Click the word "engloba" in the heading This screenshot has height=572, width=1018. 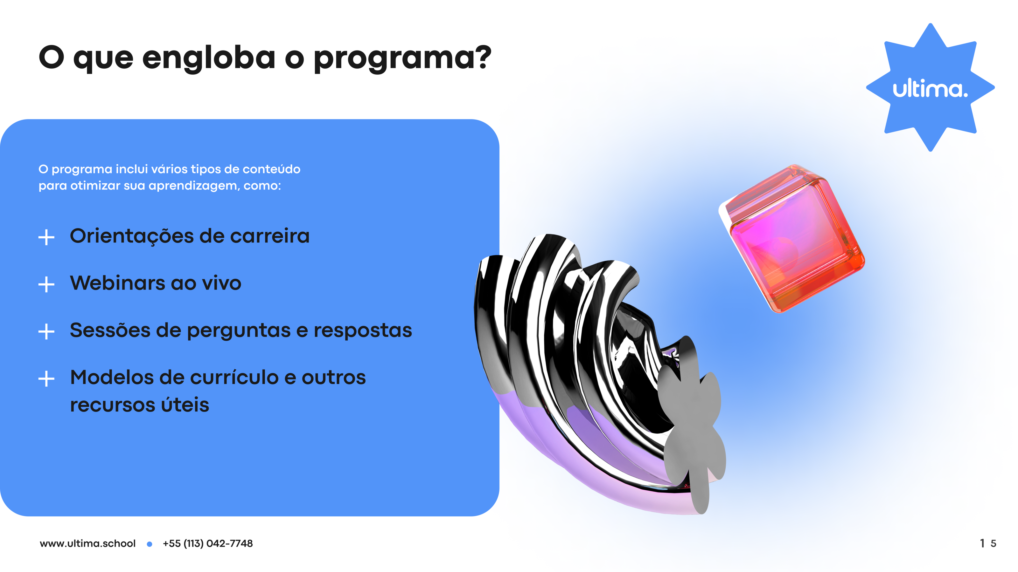click(209, 58)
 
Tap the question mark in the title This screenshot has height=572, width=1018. click(483, 57)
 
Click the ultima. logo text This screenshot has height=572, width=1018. click(930, 88)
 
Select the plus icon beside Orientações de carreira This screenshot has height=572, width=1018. click(46, 237)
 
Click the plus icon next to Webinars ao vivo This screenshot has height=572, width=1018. click(46, 284)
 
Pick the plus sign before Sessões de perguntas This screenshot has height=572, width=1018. click(46, 331)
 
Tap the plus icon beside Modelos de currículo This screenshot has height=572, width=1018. click(46, 378)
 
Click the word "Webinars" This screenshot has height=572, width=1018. click(117, 283)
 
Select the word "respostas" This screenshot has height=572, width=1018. click(363, 331)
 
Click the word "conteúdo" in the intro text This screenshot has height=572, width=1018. click(271, 169)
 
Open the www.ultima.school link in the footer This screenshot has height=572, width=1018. click(88, 544)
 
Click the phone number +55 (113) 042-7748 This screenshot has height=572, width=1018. click(208, 544)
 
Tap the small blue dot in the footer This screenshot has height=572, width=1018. click(150, 544)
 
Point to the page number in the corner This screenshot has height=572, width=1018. click(988, 544)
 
